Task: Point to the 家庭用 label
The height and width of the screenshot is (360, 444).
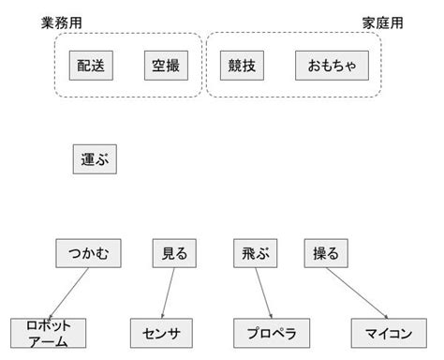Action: (382, 22)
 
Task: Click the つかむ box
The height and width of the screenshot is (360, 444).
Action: (89, 253)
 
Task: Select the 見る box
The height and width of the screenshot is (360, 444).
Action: (174, 253)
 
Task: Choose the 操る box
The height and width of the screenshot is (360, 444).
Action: (326, 253)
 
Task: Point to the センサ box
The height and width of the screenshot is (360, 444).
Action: (161, 333)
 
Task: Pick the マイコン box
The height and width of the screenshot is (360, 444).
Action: (383, 333)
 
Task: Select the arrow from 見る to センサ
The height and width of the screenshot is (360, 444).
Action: (168, 292)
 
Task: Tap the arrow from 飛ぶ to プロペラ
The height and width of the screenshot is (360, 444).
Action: (263, 292)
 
